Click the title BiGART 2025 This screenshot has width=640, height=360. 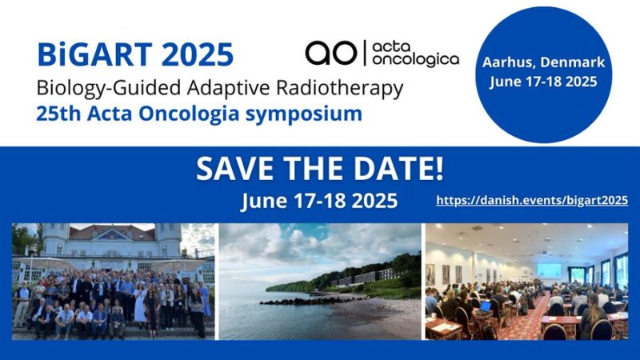(x=135, y=54)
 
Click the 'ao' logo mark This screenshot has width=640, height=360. (x=330, y=52)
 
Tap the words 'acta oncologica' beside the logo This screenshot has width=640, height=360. (x=415, y=52)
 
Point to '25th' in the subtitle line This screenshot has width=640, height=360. (x=56, y=114)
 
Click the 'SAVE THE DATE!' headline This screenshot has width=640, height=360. (x=319, y=169)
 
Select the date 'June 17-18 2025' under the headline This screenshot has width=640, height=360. (x=319, y=200)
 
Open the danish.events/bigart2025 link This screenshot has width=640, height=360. (x=531, y=201)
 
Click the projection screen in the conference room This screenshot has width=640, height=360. (x=550, y=270)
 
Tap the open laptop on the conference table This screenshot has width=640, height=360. (x=486, y=306)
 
